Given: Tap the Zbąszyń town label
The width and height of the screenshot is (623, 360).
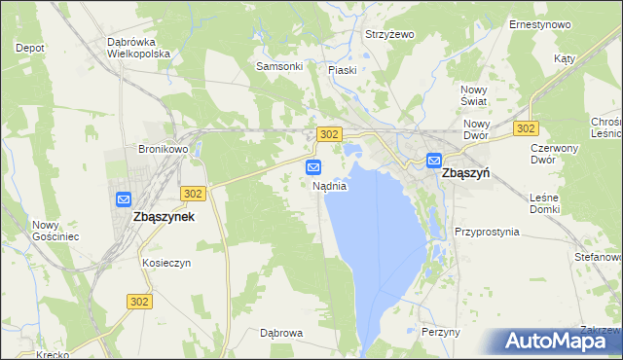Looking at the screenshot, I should (465, 172).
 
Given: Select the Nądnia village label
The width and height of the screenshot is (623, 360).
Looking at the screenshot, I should (329, 185).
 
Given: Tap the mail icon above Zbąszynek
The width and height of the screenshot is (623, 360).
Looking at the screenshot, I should (124, 199).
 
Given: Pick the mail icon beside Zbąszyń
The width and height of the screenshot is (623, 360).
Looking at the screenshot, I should (433, 161).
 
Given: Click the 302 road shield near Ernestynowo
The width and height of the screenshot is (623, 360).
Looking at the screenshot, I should (527, 128).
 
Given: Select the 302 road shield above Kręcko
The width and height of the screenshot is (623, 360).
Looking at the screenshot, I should (139, 302).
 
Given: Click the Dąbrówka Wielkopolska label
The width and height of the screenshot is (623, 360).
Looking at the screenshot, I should (140, 49).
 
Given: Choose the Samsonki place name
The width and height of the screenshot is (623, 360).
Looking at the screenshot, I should (279, 66).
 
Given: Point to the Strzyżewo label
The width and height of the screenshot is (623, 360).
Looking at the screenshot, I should (389, 34).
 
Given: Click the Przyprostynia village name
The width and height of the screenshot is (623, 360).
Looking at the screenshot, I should (487, 233).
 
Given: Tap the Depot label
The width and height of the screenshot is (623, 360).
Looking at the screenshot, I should (30, 47).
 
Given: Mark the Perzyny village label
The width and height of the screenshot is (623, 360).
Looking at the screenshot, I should (441, 332).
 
